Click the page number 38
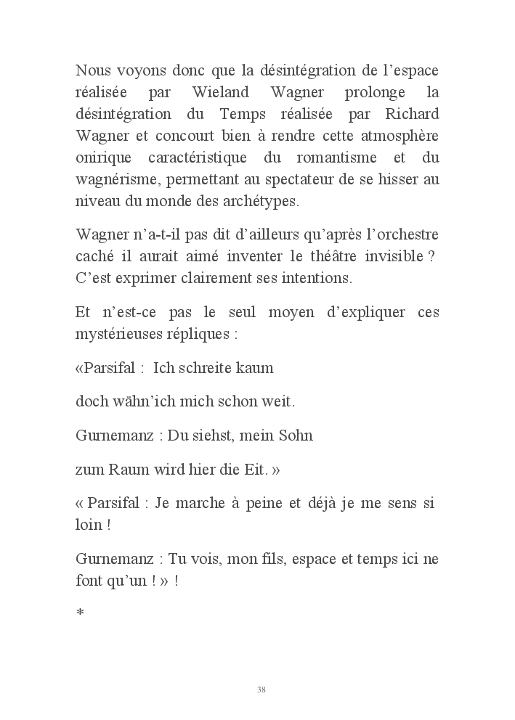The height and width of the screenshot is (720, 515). pos(261,689)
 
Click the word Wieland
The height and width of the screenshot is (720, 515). pos(222,93)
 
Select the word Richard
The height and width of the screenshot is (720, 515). pos(412,115)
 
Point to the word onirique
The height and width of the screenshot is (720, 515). pos(104,158)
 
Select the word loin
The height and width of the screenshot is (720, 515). pos(89,525)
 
